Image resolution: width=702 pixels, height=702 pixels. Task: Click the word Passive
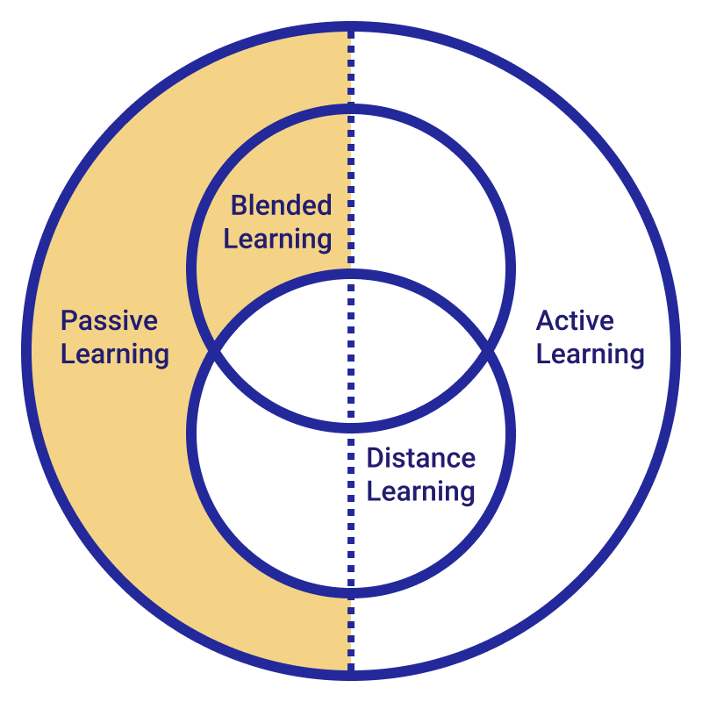[109, 320]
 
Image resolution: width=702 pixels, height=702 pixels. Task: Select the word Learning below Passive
[115, 355]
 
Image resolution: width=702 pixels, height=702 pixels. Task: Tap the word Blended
[281, 205]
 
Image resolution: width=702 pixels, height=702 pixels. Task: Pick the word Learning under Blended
[277, 240]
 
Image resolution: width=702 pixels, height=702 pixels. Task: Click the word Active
[575, 320]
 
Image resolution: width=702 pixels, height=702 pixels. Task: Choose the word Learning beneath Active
[590, 355]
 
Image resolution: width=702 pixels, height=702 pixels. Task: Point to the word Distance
[421, 458]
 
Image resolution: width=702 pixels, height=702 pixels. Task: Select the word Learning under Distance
[421, 492]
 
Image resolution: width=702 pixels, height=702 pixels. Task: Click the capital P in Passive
[69, 320]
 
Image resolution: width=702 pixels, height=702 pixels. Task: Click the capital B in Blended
[239, 205]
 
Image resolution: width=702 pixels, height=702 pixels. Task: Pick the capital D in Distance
[376, 458]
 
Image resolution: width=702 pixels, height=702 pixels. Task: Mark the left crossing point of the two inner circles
[215, 351]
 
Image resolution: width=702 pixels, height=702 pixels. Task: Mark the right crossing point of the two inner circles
[487, 351]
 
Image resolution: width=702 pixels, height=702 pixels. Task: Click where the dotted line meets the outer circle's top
[351, 27]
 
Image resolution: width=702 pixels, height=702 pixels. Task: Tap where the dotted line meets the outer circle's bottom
[351, 675]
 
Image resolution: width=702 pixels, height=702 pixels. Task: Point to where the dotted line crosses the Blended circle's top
[351, 109]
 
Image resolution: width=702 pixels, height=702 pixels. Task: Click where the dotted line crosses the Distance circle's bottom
[351, 593]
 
